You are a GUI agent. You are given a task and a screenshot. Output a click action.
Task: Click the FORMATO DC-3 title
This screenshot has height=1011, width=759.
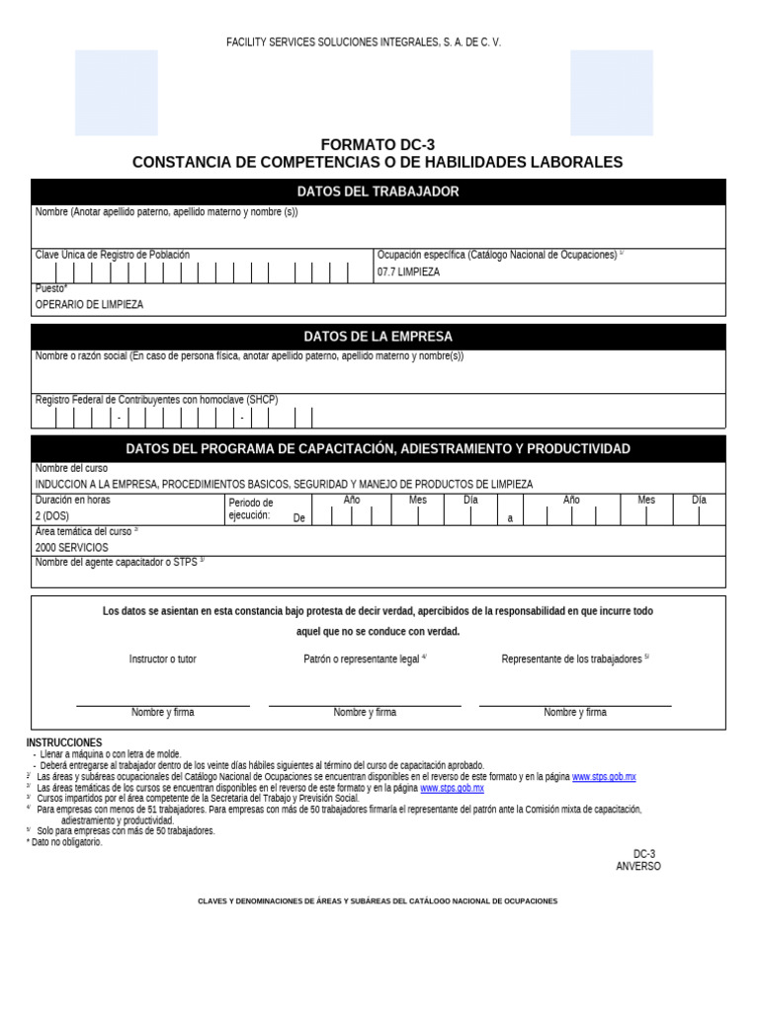point(378,144)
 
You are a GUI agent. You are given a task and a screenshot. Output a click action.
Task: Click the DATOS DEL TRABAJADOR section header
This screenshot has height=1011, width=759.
point(378,192)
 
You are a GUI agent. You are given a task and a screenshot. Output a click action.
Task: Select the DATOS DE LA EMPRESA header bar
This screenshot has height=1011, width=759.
point(378,337)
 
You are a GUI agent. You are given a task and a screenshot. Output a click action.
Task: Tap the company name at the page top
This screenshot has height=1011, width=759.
point(364,42)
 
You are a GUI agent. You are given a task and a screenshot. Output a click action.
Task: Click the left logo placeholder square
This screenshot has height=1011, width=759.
point(116,92)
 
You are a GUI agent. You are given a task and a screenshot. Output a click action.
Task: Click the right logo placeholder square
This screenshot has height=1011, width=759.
point(612,92)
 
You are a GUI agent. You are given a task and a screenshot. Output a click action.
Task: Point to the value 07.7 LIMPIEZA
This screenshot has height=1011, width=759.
point(408,272)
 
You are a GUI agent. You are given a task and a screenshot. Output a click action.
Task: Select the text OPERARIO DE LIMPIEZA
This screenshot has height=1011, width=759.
point(89,304)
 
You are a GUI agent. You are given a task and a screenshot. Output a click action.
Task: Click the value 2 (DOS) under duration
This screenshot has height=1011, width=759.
point(52,516)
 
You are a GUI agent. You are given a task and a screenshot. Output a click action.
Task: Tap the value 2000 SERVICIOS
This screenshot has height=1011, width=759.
point(71,547)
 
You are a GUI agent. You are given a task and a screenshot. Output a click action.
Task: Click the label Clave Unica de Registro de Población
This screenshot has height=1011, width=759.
point(113,255)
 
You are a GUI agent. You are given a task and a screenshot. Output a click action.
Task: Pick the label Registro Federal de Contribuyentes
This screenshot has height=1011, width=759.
point(156,400)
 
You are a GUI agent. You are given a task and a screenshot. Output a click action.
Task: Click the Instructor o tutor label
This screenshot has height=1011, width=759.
point(162,659)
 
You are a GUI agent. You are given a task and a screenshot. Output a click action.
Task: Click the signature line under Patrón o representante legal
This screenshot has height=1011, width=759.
point(365,705)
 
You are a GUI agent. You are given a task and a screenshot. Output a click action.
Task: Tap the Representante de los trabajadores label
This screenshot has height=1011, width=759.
point(572,659)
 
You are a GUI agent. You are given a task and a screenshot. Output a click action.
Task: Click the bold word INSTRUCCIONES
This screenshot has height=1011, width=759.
point(64,742)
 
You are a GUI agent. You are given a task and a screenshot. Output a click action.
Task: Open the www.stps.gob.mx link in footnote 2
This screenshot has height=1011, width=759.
point(604,777)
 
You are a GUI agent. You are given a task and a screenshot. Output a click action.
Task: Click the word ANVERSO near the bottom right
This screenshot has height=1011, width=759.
point(638,866)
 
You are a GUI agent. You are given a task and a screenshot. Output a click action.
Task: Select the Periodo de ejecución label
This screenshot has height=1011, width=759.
point(251,508)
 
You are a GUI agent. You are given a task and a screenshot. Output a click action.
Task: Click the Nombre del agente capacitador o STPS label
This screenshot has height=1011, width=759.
point(117,562)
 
